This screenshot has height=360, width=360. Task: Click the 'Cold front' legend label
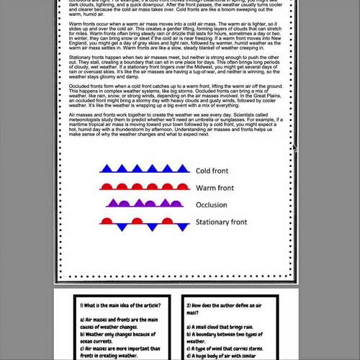(x=213, y=171)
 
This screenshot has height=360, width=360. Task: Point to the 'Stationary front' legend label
(x=222, y=222)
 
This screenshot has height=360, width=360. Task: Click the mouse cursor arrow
(x=294, y=148)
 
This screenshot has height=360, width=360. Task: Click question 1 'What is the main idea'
(x=119, y=307)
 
